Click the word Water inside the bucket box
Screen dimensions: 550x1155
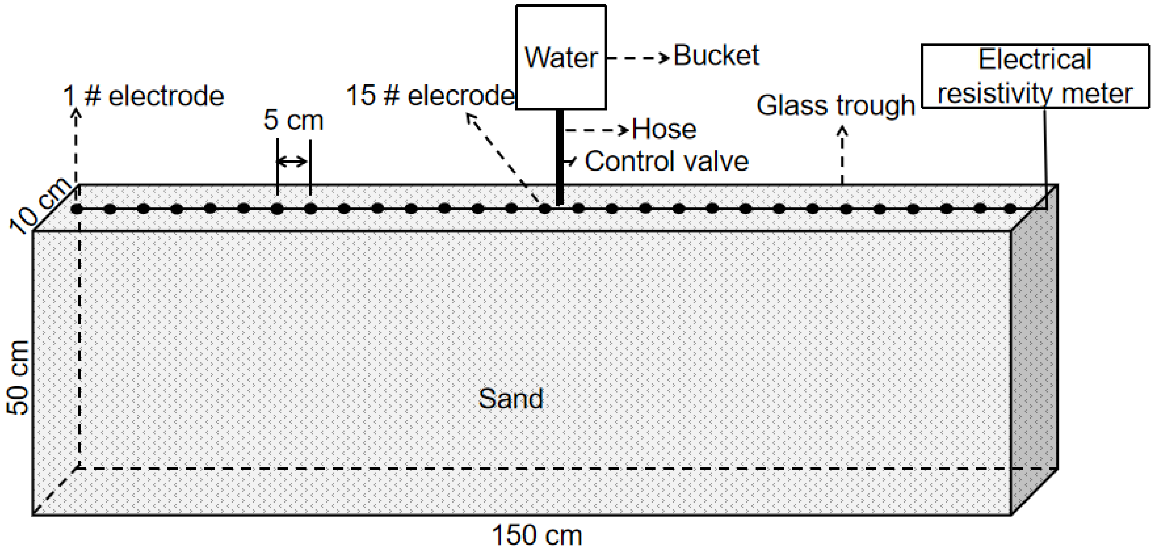click(561, 58)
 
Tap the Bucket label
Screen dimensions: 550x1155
click(716, 56)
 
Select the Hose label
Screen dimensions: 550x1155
click(664, 129)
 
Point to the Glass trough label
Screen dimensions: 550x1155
click(835, 106)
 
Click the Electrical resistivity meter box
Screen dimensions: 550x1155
click(1035, 76)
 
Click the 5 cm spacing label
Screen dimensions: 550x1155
click(293, 120)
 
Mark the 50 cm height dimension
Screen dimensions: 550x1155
click(18, 377)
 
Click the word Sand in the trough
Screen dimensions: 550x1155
click(511, 398)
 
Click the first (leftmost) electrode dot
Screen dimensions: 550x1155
click(77, 209)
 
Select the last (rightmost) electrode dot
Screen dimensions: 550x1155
click(1010, 209)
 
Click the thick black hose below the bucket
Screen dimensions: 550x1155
click(560, 157)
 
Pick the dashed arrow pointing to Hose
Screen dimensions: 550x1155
click(597, 130)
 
